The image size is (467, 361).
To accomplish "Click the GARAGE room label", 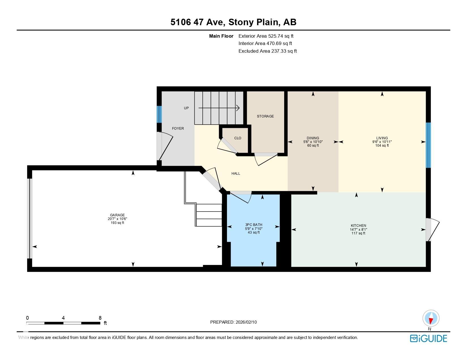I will point(117,215).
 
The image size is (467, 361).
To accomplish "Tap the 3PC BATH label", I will point(254,225).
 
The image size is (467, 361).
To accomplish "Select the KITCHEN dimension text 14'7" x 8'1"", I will point(358,230).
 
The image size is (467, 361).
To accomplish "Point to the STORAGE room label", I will point(265,116).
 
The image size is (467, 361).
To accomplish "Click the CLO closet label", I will point(238,138).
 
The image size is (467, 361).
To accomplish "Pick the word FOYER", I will point(178,129).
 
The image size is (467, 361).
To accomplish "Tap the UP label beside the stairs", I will point(186,108).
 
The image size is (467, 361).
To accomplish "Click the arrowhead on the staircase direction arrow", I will point(238,108).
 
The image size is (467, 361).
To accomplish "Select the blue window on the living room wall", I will point(428,145).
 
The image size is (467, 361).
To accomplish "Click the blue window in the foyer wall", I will point(159,114).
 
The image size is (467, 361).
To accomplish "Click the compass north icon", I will point(431,318).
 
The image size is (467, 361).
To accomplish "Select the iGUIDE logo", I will point(428,338).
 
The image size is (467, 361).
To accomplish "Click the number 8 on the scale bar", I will point(100,318).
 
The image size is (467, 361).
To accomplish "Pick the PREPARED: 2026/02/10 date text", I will point(233,322).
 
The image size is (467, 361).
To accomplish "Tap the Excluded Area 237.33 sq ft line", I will point(267,51).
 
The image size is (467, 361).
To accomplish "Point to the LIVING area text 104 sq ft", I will point(382,146).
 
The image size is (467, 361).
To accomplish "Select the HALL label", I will point(236,174).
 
